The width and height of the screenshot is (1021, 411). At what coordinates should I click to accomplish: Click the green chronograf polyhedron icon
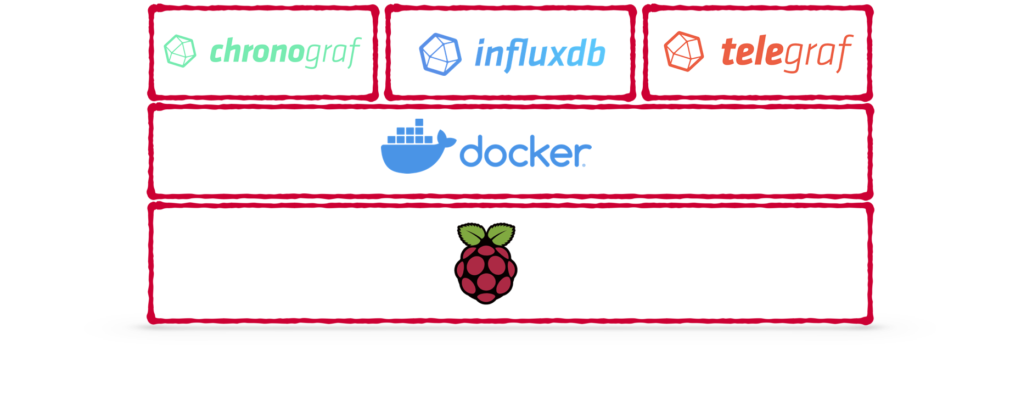(x=180, y=51)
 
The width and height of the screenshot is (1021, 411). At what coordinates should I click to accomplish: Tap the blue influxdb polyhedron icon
(x=440, y=54)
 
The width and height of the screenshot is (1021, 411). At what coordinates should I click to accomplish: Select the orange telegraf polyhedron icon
(x=684, y=52)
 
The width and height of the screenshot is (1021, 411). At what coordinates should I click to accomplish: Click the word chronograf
(x=285, y=52)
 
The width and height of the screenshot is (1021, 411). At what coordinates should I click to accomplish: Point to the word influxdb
(x=540, y=54)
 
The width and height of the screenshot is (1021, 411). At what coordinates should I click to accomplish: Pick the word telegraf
(x=787, y=53)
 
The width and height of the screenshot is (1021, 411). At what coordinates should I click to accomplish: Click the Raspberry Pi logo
(x=486, y=263)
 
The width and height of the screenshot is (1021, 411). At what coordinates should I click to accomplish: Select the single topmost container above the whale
(x=419, y=122)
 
